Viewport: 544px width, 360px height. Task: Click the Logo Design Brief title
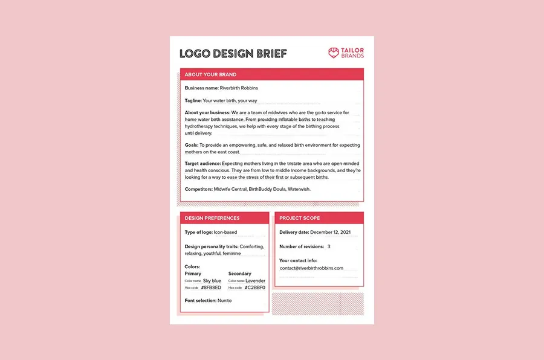pos(233,54)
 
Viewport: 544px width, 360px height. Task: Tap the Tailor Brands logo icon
pos(334,53)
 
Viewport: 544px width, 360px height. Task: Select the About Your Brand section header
pos(211,74)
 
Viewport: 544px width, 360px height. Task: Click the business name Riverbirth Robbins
pos(239,88)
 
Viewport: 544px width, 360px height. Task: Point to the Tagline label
pos(193,100)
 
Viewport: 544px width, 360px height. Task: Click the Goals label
pos(192,146)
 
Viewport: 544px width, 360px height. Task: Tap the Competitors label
pos(199,189)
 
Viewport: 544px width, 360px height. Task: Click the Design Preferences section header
pos(212,218)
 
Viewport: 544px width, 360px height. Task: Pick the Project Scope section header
pos(300,218)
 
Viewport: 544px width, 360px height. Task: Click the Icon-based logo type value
pos(225,232)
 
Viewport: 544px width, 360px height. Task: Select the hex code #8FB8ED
pos(211,288)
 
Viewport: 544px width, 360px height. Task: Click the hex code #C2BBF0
pos(254,288)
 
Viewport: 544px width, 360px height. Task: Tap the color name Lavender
pos(255,281)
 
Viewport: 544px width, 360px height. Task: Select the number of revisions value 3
pos(329,246)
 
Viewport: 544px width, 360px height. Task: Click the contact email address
pos(311,268)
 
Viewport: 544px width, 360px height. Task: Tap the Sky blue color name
pos(212,281)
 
